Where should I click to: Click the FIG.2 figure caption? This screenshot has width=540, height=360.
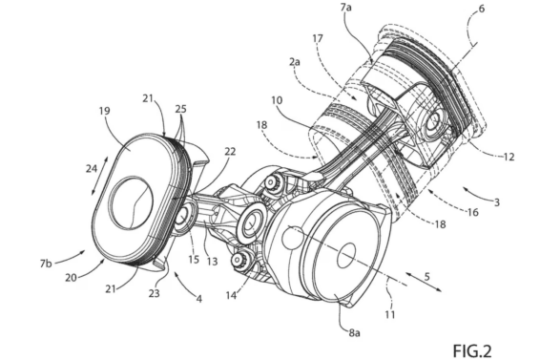[x=472, y=351]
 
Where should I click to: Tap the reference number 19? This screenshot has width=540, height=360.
[x=104, y=111]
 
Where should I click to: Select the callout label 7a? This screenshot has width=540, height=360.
[x=345, y=7]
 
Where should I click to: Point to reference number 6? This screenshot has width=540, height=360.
[x=482, y=9]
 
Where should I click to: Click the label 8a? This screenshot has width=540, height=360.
[x=354, y=332]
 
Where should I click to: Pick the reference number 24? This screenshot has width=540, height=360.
[x=92, y=169]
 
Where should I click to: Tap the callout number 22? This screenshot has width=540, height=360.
[x=230, y=152]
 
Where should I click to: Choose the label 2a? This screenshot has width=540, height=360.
[x=295, y=62]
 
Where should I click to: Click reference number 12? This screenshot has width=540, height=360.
[x=509, y=158]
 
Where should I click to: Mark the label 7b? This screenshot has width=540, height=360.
[x=46, y=264]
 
